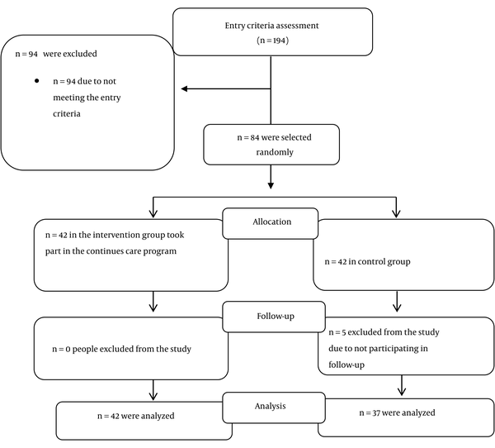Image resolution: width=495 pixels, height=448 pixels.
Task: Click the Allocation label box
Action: click(x=271, y=223)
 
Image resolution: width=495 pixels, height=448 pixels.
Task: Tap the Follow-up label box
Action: click(x=274, y=317)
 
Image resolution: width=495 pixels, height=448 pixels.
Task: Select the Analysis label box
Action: click(x=274, y=407)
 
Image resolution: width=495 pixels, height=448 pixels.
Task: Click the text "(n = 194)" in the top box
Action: click(x=273, y=41)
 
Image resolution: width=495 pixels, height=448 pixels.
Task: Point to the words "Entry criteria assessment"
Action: click(x=271, y=26)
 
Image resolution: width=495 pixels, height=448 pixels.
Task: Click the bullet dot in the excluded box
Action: click(x=37, y=81)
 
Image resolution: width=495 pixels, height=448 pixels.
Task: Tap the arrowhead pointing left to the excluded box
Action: click(x=184, y=89)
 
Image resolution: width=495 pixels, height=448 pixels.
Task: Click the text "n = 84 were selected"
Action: click(x=275, y=137)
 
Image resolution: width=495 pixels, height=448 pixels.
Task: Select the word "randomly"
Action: click(x=275, y=152)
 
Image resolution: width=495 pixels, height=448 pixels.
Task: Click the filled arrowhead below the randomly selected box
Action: click(x=271, y=185)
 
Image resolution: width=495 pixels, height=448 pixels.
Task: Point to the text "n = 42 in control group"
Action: click(x=367, y=262)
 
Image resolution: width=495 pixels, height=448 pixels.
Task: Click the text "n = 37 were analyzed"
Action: click(x=397, y=413)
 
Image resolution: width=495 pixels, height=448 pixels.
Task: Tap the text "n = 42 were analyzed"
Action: click(x=136, y=416)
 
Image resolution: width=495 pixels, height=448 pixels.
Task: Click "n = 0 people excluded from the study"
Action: click(x=121, y=349)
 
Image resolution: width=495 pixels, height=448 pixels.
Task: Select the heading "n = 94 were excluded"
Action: click(x=56, y=54)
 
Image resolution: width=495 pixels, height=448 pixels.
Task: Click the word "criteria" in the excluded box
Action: click(x=67, y=113)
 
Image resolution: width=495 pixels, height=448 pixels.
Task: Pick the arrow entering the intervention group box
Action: click(x=153, y=207)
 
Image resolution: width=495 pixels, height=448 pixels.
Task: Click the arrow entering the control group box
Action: click(x=396, y=207)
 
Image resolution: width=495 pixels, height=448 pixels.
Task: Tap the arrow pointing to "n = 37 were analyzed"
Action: click(x=402, y=385)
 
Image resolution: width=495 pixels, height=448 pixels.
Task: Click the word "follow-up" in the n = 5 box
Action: click(x=346, y=365)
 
